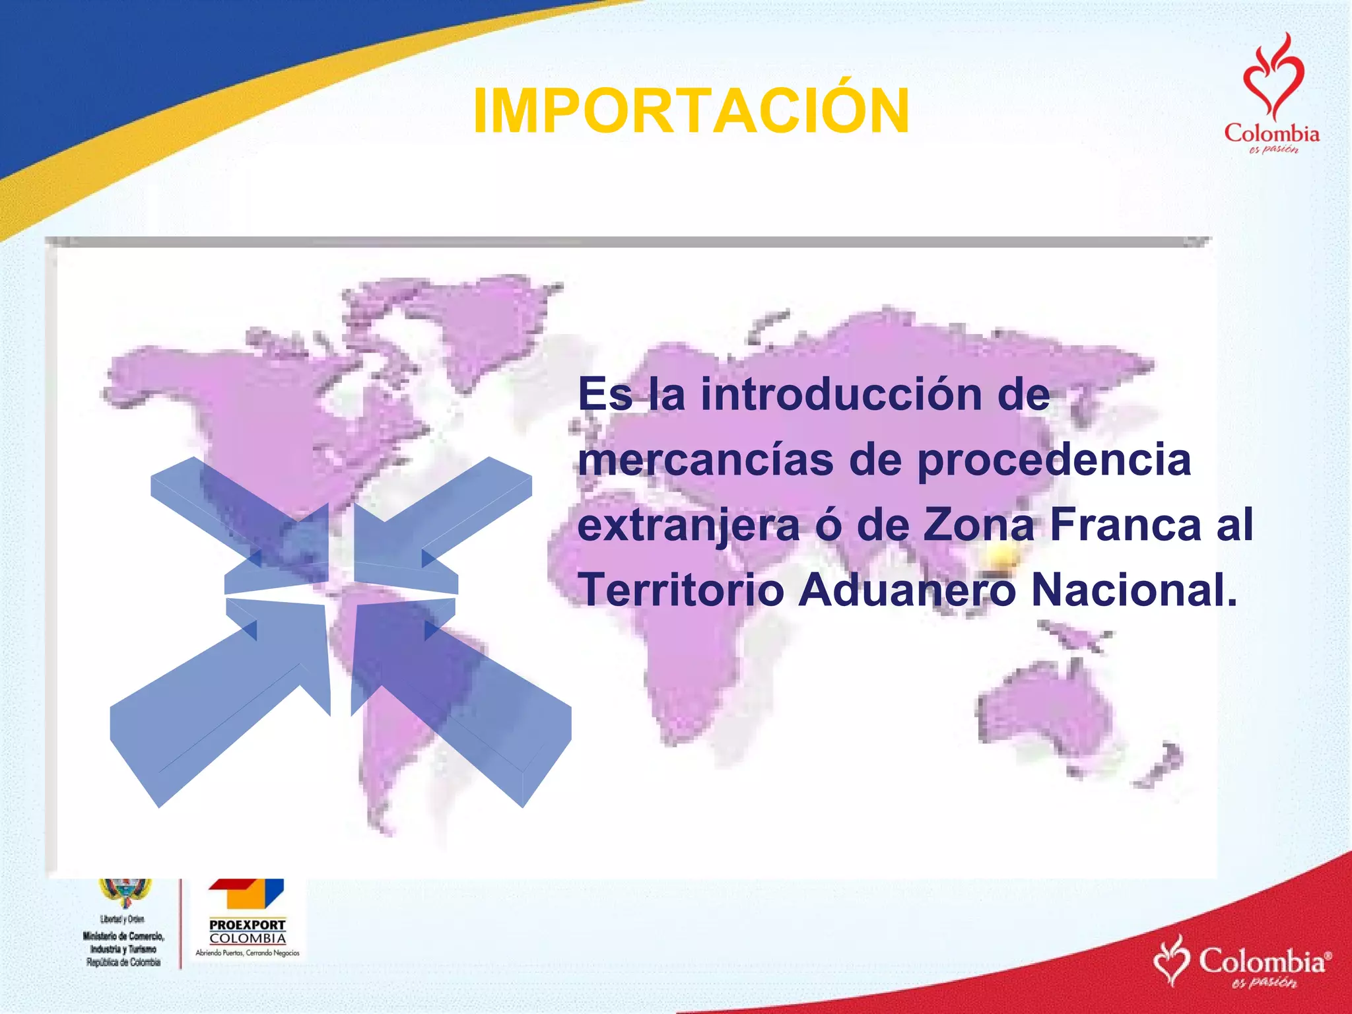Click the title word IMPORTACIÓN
(x=691, y=112)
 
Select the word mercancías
(x=705, y=460)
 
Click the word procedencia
(x=1054, y=460)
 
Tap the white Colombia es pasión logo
(x=1242, y=963)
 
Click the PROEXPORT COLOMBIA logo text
(x=248, y=931)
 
